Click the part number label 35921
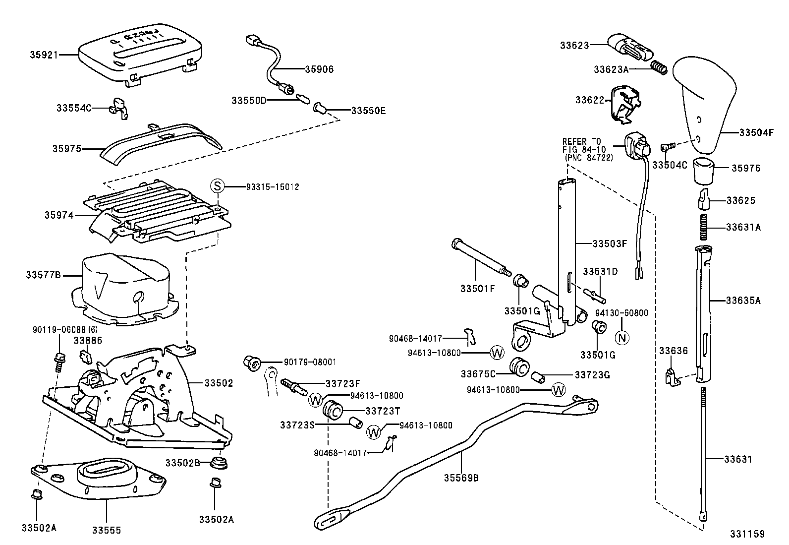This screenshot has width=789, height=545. (42, 55)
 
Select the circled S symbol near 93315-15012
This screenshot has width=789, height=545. (217, 186)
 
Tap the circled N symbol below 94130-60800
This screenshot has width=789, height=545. (622, 337)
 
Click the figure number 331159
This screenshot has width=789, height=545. (747, 534)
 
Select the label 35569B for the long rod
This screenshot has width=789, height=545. (461, 478)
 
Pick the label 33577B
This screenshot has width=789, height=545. (43, 275)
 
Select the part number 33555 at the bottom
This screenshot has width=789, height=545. (106, 530)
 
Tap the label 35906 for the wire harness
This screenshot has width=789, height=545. (319, 69)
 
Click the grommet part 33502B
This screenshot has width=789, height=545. (219, 463)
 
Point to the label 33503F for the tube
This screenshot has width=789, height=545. (610, 243)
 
